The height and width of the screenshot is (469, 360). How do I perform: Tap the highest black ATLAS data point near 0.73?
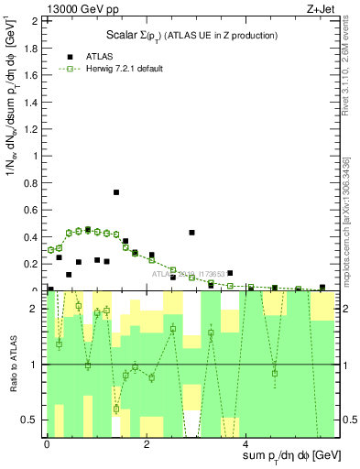[x=116, y=192]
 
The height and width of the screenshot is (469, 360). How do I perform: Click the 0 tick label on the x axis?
[x=47, y=444]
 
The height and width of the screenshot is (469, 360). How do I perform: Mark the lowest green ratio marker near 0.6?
[x=116, y=409]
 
